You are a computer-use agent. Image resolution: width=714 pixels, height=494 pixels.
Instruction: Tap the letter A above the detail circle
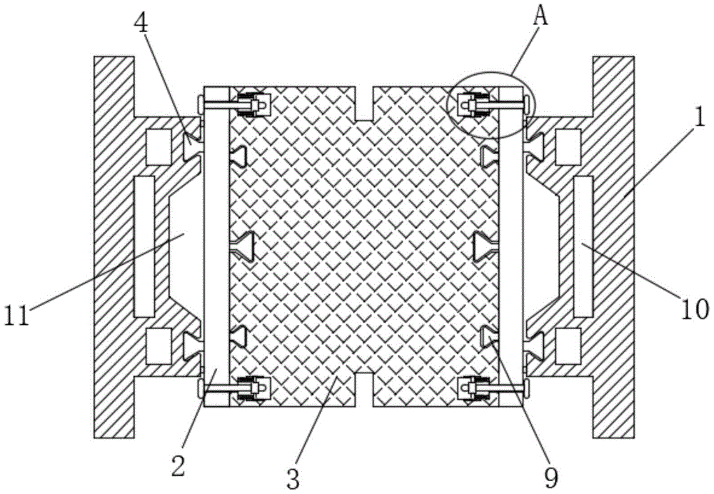coord(540,16)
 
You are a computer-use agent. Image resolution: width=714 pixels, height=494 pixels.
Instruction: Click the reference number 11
coord(18,314)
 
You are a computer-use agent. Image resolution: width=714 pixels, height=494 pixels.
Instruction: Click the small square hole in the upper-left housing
coord(158,142)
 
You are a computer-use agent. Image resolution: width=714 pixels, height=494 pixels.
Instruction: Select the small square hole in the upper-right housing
coord(568,142)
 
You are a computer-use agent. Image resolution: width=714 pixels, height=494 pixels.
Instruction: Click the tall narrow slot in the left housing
coord(144,246)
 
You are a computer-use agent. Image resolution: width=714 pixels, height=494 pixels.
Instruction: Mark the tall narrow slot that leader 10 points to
coord(583,246)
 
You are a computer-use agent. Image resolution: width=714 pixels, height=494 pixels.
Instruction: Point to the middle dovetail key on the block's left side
coord(245,246)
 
